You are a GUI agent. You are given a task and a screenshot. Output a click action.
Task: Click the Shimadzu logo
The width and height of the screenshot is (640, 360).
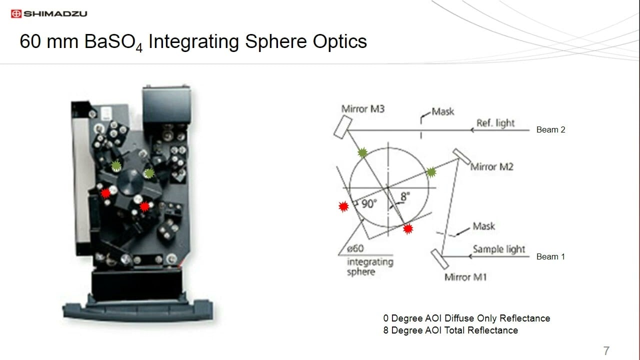(49, 13)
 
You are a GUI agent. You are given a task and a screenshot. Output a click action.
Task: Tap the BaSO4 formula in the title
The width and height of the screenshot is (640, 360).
(114, 42)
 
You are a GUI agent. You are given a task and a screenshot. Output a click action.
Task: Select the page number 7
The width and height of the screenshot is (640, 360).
(606, 350)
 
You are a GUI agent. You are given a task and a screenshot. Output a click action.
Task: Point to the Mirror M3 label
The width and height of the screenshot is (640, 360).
(362, 108)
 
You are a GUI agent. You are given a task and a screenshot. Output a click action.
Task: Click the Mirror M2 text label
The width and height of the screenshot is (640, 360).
(491, 166)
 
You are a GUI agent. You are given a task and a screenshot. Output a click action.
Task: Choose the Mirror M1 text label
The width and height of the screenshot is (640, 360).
(465, 276)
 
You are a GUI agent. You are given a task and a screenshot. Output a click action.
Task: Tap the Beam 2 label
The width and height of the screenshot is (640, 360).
(550, 129)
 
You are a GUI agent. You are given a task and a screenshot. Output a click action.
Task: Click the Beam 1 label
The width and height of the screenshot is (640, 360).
(550, 256)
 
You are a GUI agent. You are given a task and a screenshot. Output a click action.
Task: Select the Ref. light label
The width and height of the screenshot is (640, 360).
(495, 123)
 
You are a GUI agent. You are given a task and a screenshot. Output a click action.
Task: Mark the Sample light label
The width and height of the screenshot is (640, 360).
(499, 249)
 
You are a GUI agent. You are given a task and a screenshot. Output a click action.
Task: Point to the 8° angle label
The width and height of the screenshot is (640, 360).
(404, 196)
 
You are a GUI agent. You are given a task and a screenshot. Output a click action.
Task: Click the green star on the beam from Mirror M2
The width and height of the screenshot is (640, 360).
(431, 172)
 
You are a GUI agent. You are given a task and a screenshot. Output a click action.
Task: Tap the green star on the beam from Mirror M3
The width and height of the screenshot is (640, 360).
(362, 153)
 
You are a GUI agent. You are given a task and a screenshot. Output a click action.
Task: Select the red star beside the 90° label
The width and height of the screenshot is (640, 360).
(343, 206)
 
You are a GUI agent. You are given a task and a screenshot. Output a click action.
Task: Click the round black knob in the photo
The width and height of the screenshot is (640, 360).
(132, 178)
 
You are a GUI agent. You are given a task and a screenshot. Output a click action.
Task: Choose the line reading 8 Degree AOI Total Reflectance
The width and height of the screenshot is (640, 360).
(450, 330)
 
